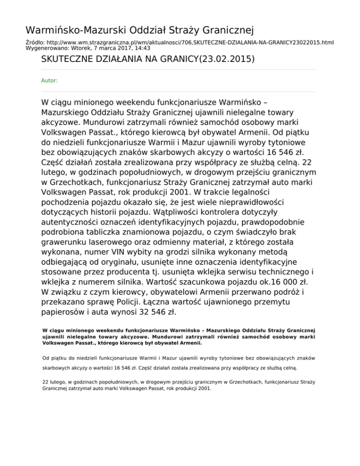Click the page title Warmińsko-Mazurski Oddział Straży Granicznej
coord(140,31)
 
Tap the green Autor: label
coord(50,81)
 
